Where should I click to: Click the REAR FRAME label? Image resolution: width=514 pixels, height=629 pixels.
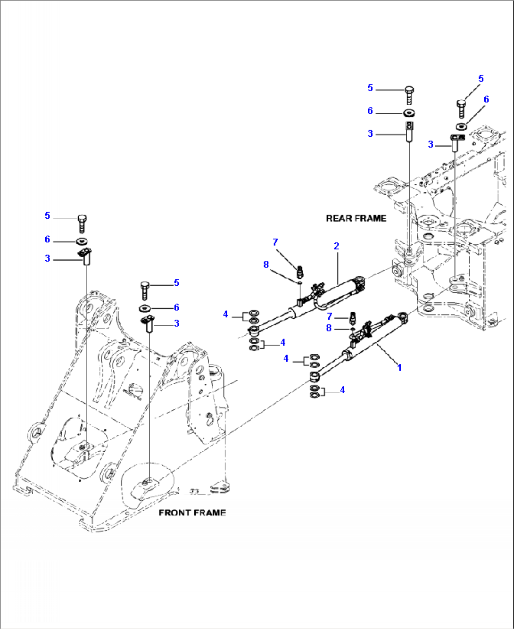356,218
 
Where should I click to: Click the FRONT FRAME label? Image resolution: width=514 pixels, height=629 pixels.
192,513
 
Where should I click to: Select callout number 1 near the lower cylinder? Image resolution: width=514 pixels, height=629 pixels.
399,367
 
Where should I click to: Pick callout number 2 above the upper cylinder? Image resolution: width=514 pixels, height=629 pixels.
336,246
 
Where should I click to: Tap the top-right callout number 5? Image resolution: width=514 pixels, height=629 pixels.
481,79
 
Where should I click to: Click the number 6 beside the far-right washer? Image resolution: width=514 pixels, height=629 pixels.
486,99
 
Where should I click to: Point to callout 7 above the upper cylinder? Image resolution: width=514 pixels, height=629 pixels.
275,242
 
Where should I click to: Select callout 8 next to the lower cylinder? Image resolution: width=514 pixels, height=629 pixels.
329,328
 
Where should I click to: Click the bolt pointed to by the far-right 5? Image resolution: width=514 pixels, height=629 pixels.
462,109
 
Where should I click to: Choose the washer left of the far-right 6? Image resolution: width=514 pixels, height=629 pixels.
461,127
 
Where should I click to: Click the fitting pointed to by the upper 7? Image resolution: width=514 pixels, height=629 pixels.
299,272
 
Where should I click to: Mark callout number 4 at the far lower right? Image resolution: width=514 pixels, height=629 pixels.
342,390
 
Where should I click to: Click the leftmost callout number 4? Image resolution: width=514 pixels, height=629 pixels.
225,314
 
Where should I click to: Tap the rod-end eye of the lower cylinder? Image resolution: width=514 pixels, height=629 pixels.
315,376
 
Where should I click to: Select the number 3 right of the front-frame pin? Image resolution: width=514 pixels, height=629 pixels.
176,323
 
